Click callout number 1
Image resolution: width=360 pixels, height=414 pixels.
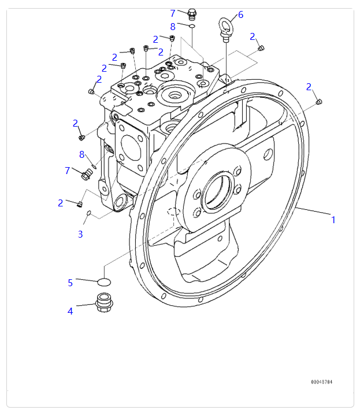pos(333,220)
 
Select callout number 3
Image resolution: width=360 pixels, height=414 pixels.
pos(80,234)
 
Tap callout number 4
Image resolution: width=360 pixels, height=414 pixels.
pos(70,311)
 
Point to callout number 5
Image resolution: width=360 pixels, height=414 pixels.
pos(70,283)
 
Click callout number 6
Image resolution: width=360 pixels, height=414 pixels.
pos(240,14)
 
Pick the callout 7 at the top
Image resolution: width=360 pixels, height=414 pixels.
pos(172,13)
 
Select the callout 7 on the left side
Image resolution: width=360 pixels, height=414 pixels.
pos(67,171)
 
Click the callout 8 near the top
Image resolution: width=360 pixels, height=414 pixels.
pos(172,27)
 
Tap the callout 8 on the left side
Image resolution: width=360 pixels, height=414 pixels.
pos(82,154)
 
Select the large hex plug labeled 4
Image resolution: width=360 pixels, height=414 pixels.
pos(103,302)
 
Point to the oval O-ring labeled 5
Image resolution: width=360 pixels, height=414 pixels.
pos(105,282)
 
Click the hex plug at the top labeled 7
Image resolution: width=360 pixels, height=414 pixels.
pos(192,13)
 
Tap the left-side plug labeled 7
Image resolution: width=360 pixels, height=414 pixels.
pos(87,173)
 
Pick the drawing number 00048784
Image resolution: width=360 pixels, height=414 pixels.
pos(321,382)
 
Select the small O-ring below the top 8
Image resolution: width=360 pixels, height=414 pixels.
pos(192,25)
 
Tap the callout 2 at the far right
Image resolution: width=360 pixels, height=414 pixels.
pos(309,87)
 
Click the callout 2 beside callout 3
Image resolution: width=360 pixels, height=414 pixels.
pos(60,203)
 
